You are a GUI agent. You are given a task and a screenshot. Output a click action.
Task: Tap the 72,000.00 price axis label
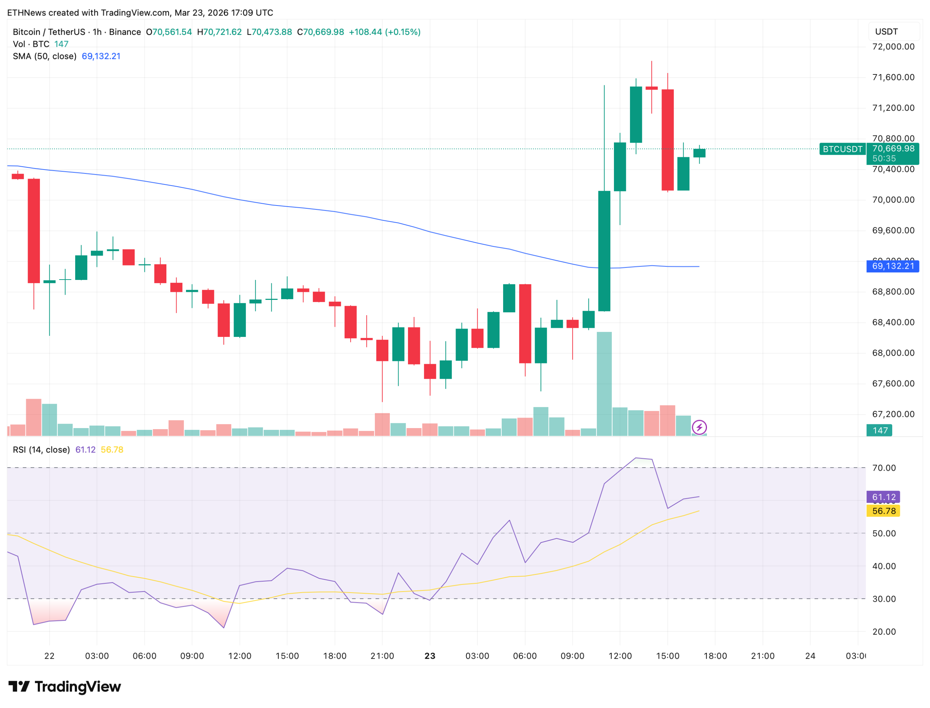point(893,47)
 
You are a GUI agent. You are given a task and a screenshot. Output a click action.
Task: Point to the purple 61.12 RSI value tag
point(883,497)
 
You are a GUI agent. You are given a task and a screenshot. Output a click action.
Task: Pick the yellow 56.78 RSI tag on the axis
point(883,511)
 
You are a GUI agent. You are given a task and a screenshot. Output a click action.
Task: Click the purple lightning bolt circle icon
point(699,428)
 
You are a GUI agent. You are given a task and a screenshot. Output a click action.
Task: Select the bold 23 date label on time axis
point(430,656)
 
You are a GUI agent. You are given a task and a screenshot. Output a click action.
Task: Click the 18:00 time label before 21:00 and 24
point(715,656)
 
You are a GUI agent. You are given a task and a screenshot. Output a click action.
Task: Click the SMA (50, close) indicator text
point(45,57)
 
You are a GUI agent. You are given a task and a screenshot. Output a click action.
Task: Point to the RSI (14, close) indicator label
point(41,450)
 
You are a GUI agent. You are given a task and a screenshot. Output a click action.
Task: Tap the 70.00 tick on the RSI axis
point(883,468)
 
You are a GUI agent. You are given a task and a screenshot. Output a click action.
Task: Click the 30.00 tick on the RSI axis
point(883,599)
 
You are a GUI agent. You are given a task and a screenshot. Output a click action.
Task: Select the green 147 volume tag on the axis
point(880,431)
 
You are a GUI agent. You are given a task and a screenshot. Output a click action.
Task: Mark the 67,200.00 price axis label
point(893,415)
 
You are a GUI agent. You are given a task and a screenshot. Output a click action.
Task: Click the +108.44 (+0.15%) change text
point(384,32)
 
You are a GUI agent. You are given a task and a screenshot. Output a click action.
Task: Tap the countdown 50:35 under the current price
point(884,159)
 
